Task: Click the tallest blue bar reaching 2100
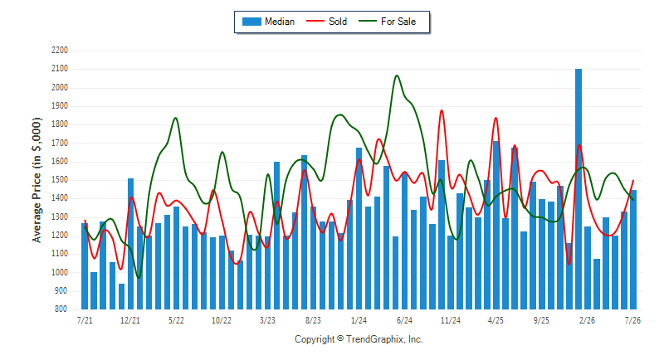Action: tap(579, 188)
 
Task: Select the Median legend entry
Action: tap(268, 22)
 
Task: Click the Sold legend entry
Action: tap(326, 22)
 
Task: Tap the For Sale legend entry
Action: tap(387, 22)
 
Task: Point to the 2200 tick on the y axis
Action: tap(60, 51)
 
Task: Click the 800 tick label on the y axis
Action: tap(61, 309)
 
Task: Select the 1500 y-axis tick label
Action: tap(60, 180)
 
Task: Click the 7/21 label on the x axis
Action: tap(85, 320)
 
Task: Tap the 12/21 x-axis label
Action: tap(130, 320)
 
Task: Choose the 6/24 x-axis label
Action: tap(404, 320)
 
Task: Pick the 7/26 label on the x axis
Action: tap(632, 320)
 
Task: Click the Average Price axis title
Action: tap(37, 180)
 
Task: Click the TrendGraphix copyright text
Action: tap(359, 339)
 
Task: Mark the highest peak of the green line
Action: tap(397, 75)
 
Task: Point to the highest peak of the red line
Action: tap(442, 110)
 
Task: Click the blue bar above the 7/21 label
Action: tap(85, 266)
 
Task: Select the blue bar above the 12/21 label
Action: tap(130, 244)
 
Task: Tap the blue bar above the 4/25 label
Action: tap(496, 225)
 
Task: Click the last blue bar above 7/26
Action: tap(633, 250)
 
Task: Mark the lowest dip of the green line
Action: tap(139, 278)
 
